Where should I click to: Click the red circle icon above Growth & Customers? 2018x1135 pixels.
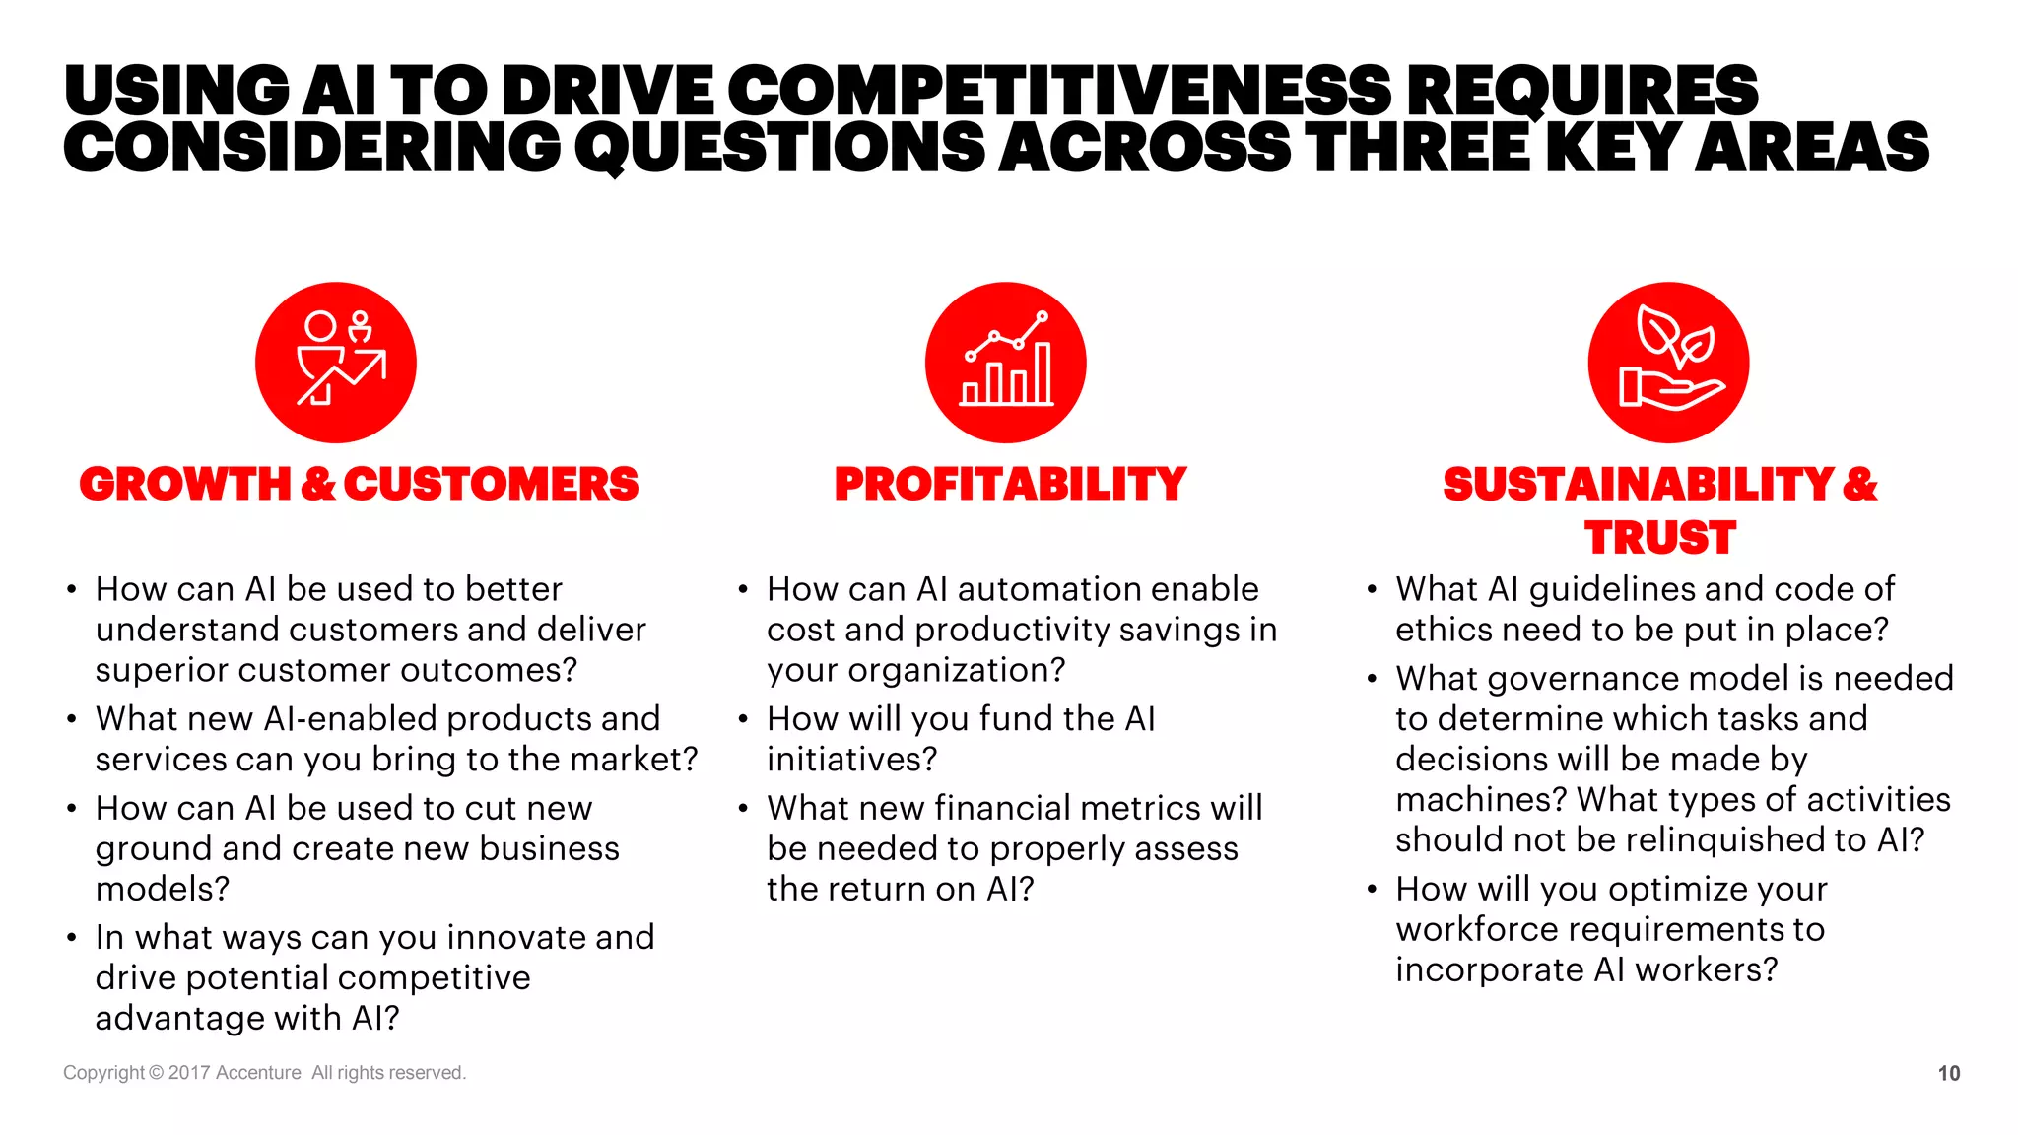335,362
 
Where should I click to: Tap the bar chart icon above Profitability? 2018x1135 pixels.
1005,362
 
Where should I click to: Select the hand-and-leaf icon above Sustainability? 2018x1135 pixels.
1668,362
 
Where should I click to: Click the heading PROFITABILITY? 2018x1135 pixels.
1010,484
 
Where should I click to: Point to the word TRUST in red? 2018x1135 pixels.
1659,538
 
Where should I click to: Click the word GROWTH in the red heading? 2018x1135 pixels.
185,484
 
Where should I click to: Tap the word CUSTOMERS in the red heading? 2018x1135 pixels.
491,484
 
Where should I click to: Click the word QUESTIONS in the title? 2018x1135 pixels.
780,148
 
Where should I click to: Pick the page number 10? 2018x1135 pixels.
1948,1073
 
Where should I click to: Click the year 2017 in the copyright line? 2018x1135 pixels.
188,1072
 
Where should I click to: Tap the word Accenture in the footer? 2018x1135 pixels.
258,1072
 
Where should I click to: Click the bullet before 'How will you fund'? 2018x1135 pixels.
743,719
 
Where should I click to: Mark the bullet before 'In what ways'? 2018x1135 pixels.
71,938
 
